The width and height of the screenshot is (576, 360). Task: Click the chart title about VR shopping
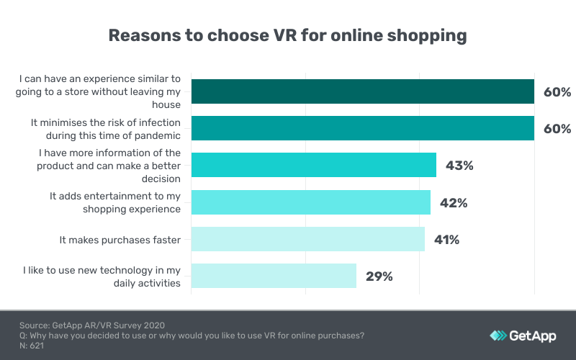click(x=288, y=35)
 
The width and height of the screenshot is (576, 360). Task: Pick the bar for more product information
click(x=314, y=165)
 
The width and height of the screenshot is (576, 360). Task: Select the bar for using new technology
click(x=274, y=276)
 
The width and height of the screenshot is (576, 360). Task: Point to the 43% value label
click(x=459, y=166)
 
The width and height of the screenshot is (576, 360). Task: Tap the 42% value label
click(x=453, y=202)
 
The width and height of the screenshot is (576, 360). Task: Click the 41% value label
click(x=446, y=239)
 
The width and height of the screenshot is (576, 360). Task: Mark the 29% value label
click(x=378, y=276)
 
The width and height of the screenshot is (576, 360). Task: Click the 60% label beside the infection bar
click(x=557, y=129)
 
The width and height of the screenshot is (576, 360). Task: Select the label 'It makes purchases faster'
click(x=120, y=239)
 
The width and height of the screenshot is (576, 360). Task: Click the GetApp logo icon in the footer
click(x=498, y=336)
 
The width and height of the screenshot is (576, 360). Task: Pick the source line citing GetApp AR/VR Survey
click(x=97, y=325)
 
